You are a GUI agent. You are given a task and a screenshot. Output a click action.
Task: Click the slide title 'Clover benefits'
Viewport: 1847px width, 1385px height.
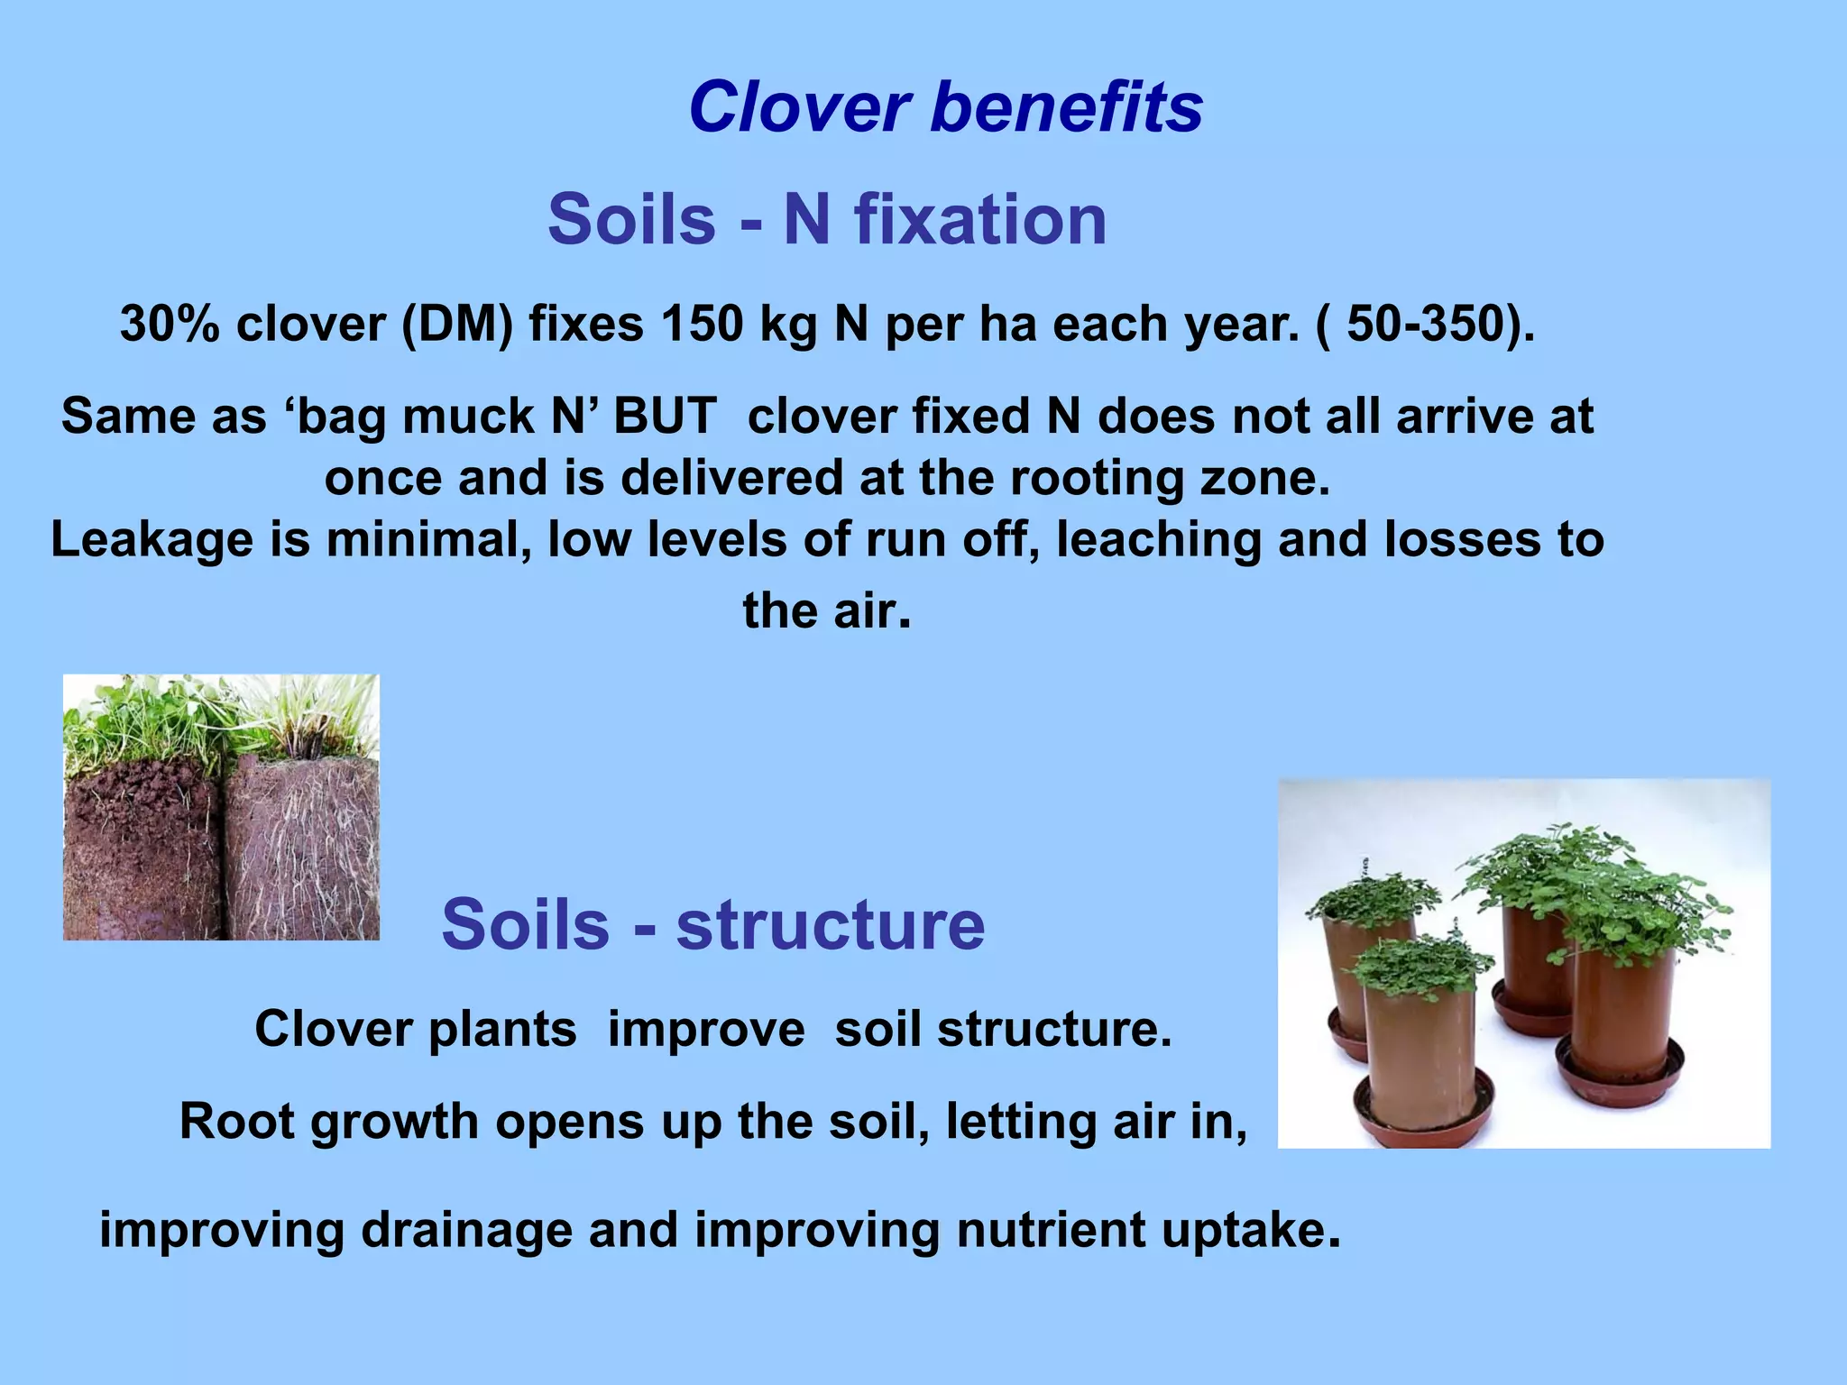click(x=945, y=107)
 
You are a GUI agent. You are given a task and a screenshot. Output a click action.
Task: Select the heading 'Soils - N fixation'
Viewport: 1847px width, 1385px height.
click(x=827, y=219)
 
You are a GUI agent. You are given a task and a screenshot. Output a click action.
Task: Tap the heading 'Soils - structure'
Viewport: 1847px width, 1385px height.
click(x=712, y=925)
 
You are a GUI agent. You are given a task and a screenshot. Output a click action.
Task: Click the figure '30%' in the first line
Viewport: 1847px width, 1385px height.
click(x=170, y=324)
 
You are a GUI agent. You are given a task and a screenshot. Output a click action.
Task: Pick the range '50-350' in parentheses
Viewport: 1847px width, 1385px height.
click(x=1422, y=324)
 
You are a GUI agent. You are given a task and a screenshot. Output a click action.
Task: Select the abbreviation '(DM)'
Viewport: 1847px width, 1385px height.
click(x=456, y=324)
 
